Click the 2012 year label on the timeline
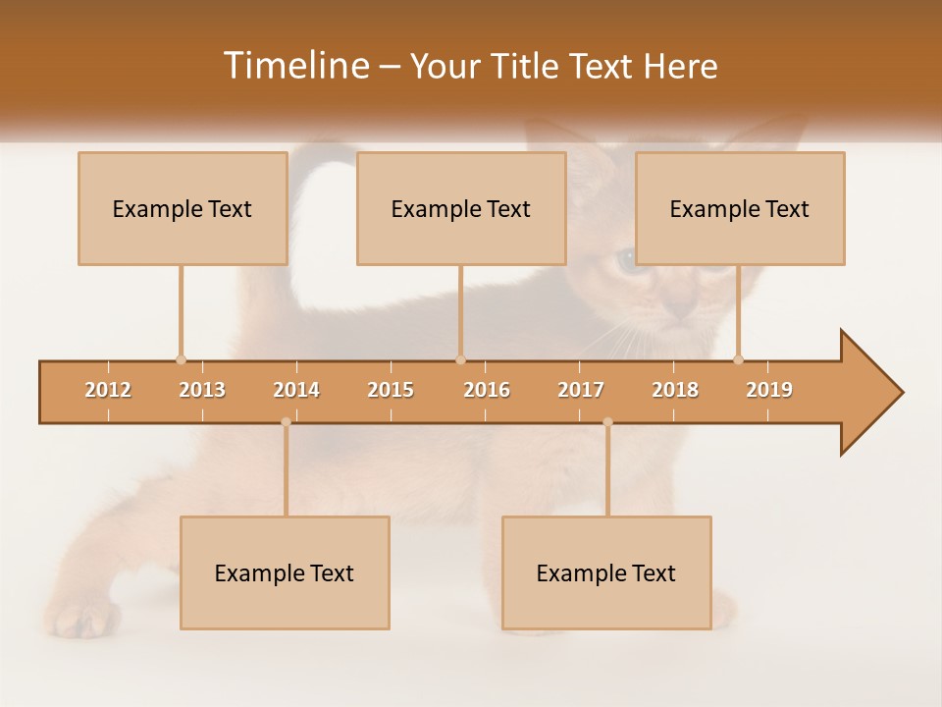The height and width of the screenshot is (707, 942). (108, 390)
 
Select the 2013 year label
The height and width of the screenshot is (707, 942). (202, 390)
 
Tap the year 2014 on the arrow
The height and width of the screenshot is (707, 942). (296, 390)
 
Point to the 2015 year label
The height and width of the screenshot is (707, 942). (391, 390)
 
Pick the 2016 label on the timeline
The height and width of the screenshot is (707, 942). (487, 390)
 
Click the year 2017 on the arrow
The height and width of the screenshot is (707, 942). (581, 390)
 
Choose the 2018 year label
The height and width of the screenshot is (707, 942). (675, 390)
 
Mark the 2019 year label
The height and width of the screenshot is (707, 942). (769, 390)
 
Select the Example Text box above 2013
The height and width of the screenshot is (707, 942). (183, 208)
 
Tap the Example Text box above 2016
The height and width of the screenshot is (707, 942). (461, 208)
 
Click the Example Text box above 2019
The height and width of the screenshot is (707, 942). (740, 208)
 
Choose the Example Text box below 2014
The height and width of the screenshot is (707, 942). (285, 572)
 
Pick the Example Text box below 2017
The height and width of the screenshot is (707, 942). (606, 572)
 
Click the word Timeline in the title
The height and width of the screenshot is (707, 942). (294, 66)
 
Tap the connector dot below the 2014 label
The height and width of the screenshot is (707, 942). (286, 422)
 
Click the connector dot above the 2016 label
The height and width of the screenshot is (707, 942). (460, 359)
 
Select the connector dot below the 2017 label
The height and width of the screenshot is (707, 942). (607, 422)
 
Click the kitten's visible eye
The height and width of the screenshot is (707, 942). (625, 260)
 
